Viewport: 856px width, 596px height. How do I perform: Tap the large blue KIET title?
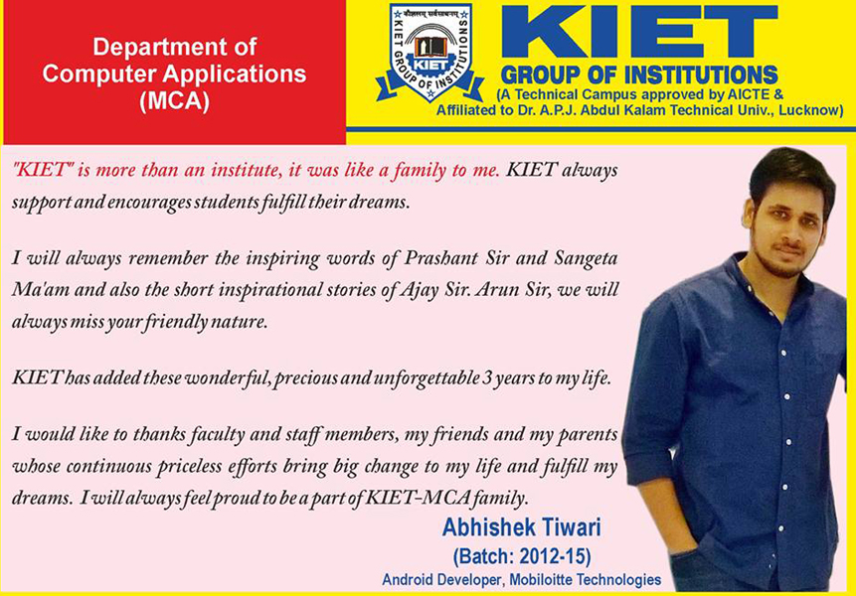tap(638, 33)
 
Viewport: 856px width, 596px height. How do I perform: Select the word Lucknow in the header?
tap(805, 110)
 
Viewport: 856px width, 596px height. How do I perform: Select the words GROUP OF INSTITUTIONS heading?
tap(639, 74)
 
